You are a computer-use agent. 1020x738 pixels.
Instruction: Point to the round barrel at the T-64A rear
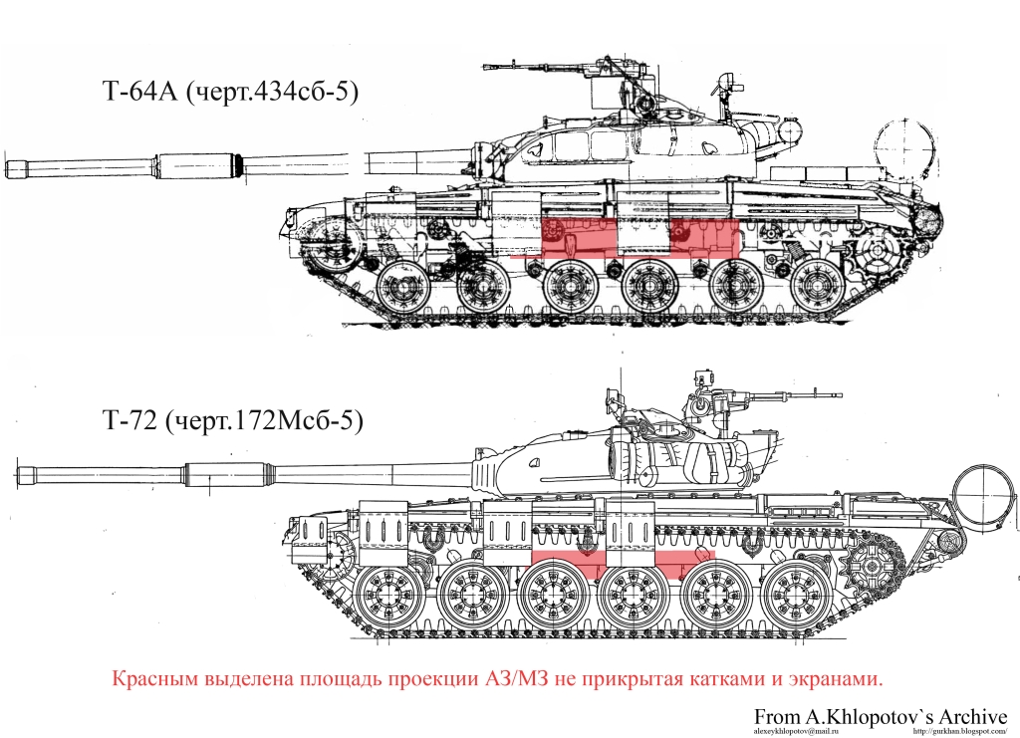tap(904, 149)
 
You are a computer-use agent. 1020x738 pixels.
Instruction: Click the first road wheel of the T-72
tap(389, 597)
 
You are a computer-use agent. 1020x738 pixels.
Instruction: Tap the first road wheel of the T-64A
tap(402, 286)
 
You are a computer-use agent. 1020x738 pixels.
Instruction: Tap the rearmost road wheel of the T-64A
tap(817, 286)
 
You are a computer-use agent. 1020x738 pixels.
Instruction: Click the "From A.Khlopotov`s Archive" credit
tap(881, 716)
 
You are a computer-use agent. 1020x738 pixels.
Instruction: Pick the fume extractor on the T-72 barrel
tap(226, 475)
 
